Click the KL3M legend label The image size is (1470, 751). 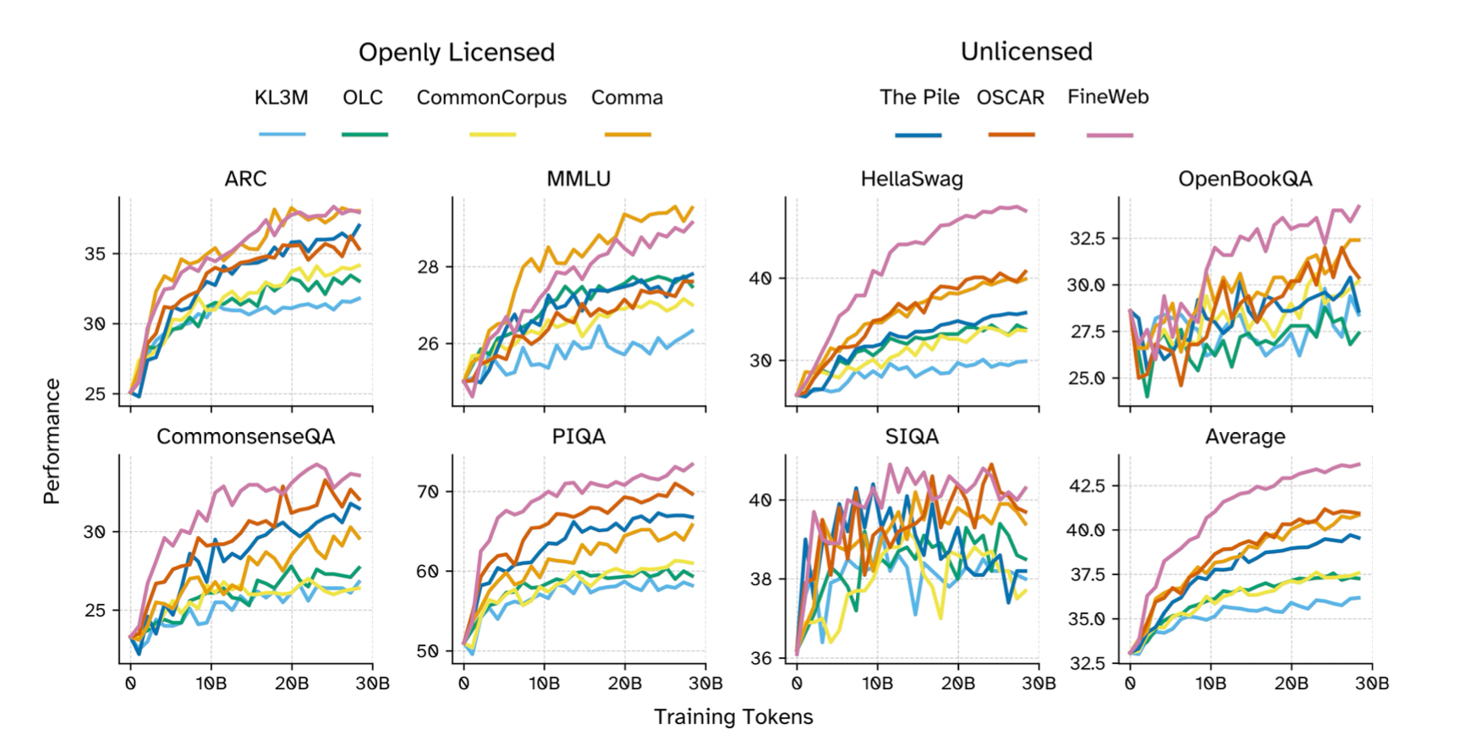tap(281, 98)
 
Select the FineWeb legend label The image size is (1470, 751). tap(1107, 97)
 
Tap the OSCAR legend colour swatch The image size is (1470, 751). tap(1011, 134)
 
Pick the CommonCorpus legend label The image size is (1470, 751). tap(491, 98)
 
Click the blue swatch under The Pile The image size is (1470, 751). tap(918, 134)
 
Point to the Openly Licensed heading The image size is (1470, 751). tap(456, 52)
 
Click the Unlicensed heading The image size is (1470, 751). tap(1026, 52)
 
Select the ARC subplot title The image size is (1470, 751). tap(245, 179)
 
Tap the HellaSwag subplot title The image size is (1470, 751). tap(911, 179)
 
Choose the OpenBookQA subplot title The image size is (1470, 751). tap(1244, 179)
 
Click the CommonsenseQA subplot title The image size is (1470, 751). tap(245, 437)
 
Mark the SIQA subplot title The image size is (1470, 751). tap(911, 437)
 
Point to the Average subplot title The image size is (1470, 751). tap(1244, 437)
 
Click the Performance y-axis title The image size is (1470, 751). tap(52, 441)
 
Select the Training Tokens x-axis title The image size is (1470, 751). tap(732, 717)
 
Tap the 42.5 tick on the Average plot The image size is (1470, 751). tap(1087, 485)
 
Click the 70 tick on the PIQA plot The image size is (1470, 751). tap(428, 492)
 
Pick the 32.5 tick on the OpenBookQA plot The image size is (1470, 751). tap(1087, 238)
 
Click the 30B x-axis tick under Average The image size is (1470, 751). tap(1372, 683)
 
